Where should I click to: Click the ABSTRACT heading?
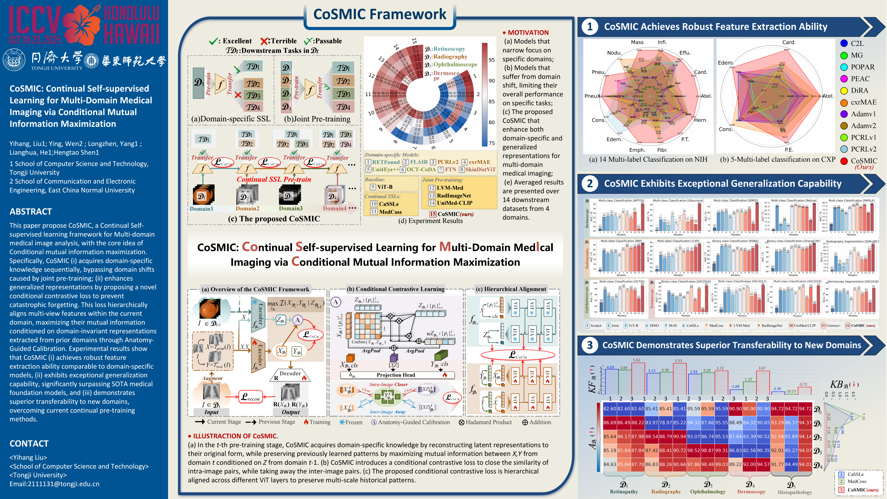coord(31,212)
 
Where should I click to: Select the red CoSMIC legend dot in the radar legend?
coord(844,161)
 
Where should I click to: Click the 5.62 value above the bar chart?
coord(637,360)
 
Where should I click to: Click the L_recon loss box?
coord(250,397)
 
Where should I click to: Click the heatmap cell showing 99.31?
coord(721,450)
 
